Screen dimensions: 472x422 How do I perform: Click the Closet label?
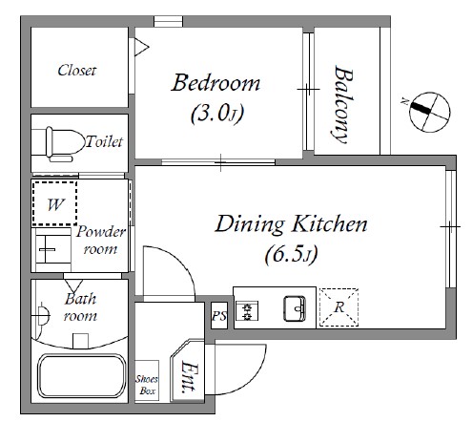(x=76, y=71)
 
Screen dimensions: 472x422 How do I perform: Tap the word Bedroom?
(x=215, y=83)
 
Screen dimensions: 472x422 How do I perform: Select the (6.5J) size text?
(x=291, y=254)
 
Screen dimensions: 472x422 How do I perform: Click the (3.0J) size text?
(x=217, y=114)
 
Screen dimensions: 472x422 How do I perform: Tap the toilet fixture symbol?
(x=57, y=144)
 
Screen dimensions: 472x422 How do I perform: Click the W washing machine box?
(x=54, y=203)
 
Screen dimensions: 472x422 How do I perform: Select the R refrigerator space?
(x=339, y=307)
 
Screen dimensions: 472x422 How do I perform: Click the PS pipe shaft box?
(x=219, y=315)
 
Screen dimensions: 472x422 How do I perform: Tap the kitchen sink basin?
(x=295, y=308)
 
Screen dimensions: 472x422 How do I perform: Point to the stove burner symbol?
(x=247, y=310)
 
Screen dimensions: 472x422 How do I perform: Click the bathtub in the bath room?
(x=82, y=376)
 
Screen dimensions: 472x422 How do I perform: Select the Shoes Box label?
(x=147, y=385)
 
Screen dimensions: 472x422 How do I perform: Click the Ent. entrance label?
(x=189, y=376)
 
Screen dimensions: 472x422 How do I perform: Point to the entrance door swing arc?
(x=251, y=377)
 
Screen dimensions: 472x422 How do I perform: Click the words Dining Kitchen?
(x=291, y=224)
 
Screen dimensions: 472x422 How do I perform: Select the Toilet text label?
(x=104, y=141)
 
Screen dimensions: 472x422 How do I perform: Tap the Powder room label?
(x=101, y=241)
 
